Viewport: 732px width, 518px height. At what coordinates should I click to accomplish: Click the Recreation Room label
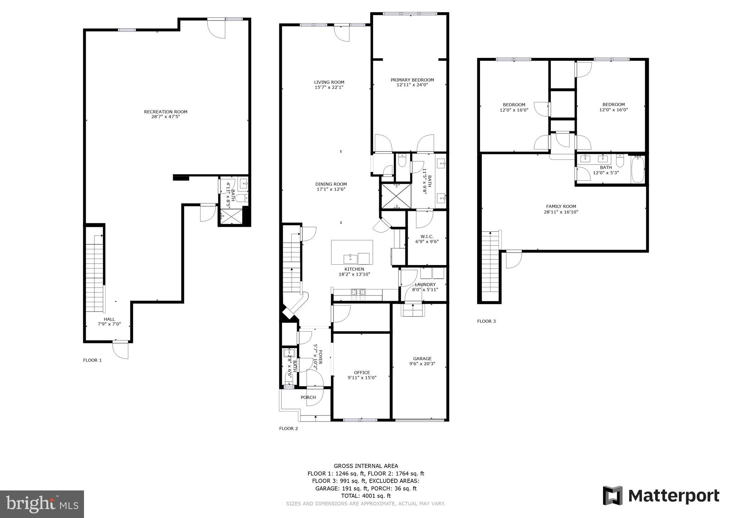click(x=165, y=112)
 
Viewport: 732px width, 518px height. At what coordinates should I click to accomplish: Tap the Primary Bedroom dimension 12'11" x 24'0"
click(x=412, y=85)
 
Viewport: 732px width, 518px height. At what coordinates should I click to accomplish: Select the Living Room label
click(x=329, y=82)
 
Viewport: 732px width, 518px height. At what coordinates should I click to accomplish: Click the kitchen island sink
click(x=351, y=258)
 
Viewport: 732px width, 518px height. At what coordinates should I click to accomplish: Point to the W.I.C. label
click(x=427, y=236)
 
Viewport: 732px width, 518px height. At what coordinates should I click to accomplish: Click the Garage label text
click(x=422, y=358)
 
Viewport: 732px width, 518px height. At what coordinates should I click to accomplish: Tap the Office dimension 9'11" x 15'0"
click(x=362, y=378)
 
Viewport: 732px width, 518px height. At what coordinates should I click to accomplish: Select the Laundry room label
click(x=425, y=284)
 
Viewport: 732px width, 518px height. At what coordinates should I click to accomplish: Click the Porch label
click(x=308, y=397)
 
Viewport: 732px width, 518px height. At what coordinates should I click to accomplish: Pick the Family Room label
click(x=561, y=206)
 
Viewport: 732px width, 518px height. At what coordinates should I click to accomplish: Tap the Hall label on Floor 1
click(x=109, y=319)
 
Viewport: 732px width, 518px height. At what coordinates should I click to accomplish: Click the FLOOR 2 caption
click(x=288, y=429)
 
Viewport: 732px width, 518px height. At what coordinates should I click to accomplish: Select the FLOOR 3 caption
click(x=486, y=321)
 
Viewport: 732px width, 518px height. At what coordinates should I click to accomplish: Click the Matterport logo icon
click(x=613, y=495)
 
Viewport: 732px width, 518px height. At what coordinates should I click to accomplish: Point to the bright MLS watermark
click(x=42, y=504)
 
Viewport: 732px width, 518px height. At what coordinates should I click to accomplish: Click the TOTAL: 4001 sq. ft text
click(x=366, y=496)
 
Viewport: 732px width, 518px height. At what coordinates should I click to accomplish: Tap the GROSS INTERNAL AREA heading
click(x=366, y=466)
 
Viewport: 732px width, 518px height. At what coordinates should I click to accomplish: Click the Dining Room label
click(x=331, y=184)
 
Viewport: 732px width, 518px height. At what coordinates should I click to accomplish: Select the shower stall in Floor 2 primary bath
click(x=396, y=196)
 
